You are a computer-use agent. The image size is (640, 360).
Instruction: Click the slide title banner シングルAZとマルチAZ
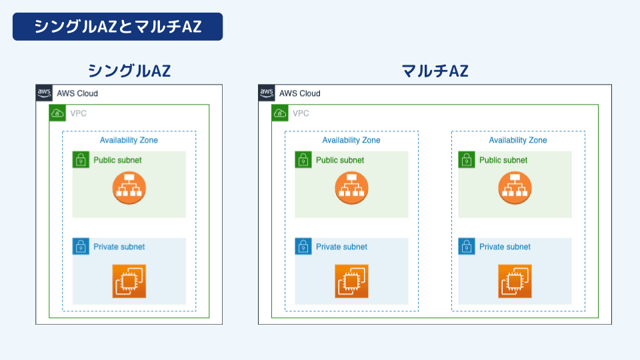pos(117,26)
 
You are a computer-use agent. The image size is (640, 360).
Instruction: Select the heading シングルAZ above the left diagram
pos(129,71)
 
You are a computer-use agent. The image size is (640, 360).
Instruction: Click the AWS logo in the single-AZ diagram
pos(44,93)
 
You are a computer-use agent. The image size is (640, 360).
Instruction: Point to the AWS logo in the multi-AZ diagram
pos(267,93)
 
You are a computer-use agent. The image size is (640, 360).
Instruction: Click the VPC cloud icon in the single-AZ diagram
pos(57,113)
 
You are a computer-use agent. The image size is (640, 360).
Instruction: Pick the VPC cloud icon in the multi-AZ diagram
pos(280,113)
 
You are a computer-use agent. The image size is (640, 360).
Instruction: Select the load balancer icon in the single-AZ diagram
pos(129,188)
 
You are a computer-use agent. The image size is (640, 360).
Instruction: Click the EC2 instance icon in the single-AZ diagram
pos(129,281)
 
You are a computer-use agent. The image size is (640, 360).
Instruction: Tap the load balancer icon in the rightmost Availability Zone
pos(515,188)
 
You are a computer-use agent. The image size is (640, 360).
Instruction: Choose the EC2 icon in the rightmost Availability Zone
pos(515,281)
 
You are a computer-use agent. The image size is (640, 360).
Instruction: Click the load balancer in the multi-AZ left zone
pos(351,188)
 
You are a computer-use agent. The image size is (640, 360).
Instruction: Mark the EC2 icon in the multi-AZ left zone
pos(351,281)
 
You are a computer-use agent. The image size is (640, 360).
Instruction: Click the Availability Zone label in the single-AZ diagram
pos(129,140)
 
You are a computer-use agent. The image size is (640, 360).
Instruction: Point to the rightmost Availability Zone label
pos(518,140)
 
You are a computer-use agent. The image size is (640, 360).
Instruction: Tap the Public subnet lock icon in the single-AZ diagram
pos(81,160)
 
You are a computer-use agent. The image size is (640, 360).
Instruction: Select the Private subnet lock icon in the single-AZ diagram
pos(81,247)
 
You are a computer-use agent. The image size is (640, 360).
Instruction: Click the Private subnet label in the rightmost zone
pos(505,247)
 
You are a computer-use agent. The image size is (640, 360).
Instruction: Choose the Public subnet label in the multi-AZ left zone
pos(340,160)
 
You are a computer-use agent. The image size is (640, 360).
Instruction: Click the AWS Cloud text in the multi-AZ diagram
pos(299,93)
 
